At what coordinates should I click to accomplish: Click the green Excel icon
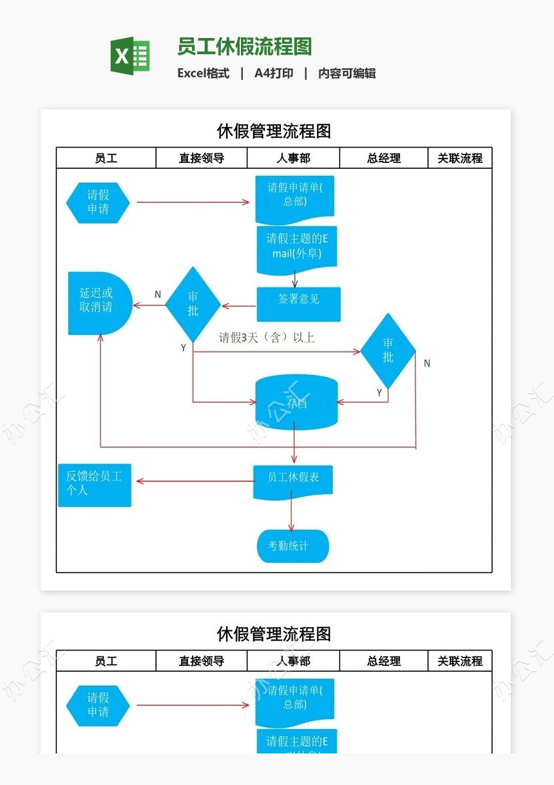pyautogui.click(x=130, y=56)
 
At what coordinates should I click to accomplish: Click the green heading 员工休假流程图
pyautogui.click(x=244, y=47)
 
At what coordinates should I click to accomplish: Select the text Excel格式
pyautogui.click(x=204, y=73)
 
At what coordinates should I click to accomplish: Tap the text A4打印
pyautogui.click(x=274, y=73)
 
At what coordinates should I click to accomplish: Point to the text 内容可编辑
pyautogui.click(x=347, y=73)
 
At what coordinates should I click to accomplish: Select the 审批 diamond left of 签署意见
pyautogui.click(x=193, y=304)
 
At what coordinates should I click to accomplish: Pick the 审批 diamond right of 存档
pyautogui.click(x=388, y=350)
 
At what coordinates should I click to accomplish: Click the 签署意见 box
pyautogui.click(x=298, y=304)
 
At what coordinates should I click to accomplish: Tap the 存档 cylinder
pyautogui.click(x=296, y=403)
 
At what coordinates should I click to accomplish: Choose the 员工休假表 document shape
pyautogui.click(x=293, y=481)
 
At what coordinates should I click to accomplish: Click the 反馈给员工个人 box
pyautogui.click(x=95, y=484)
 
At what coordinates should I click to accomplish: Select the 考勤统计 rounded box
pyautogui.click(x=293, y=546)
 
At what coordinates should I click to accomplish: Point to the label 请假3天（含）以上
pyautogui.click(x=267, y=337)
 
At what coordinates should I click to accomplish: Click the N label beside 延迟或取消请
pyautogui.click(x=158, y=294)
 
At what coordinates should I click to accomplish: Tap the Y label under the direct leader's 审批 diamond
pyautogui.click(x=184, y=348)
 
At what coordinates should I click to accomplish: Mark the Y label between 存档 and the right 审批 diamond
pyautogui.click(x=379, y=392)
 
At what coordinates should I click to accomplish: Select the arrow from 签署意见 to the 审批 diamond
pyautogui.click(x=239, y=306)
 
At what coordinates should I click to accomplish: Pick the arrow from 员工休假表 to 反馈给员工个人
pyautogui.click(x=193, y=481)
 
